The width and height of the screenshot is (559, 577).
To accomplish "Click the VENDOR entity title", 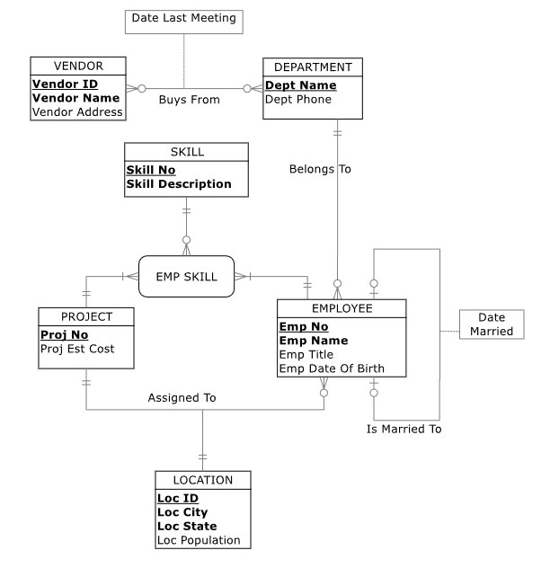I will (x=78, y=66).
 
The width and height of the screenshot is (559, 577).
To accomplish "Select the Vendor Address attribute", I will (x=78, y=112).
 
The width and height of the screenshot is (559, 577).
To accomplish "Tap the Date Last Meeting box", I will (x=183, y=18).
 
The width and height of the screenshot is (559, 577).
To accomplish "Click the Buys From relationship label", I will (x=189, y=100).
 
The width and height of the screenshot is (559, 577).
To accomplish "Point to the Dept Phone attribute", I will (x=297, y=99).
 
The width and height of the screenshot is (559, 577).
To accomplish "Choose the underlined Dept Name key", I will (x=300, y=85).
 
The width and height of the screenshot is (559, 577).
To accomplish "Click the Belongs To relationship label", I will (x=320, y=168).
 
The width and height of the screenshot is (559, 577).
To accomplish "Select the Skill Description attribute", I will (x=178, y=183).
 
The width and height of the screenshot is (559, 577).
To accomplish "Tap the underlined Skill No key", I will (x=150, y=170).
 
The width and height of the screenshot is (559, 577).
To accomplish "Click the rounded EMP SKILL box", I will (x=186, y=277).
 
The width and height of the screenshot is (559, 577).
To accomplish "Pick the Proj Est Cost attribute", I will (x=77, y=349).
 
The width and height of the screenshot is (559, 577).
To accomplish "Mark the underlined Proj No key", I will (x=63, y=334).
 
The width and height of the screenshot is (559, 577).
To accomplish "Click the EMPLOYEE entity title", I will (x=342, y=307).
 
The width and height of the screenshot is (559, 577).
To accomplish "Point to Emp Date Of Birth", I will (x=332, y=368).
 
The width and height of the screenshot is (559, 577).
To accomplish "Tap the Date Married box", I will (x=491, y=324).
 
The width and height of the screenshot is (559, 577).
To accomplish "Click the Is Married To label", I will (x=404, y=429).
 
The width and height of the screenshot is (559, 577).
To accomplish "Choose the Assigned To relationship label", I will (x=182, y=396).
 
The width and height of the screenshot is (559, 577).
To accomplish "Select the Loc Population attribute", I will (x=199, y=540).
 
